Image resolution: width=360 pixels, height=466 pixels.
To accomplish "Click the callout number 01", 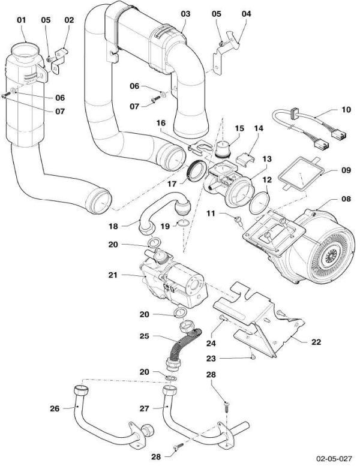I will point(22,20).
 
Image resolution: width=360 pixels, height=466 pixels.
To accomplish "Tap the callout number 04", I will point(247,13).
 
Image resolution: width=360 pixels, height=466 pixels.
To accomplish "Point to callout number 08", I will point(346,198).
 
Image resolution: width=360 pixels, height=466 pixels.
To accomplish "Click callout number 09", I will point(346,170).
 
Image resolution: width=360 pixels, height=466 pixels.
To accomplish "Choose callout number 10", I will point(346,110).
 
